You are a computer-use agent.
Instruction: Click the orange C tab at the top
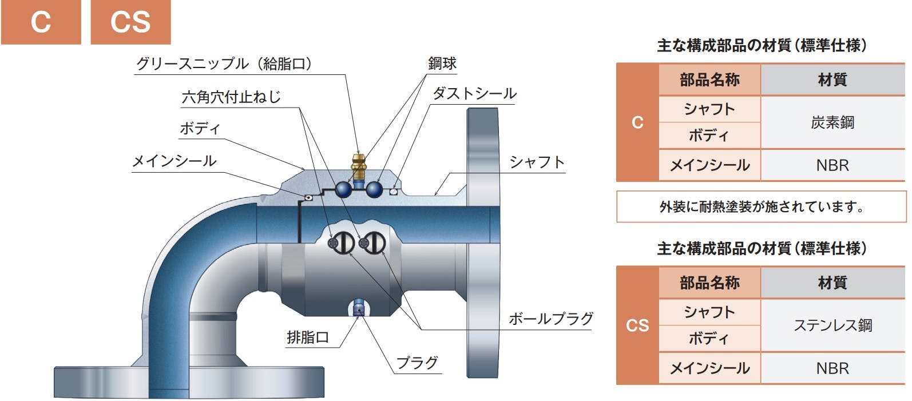[x=41, y=22]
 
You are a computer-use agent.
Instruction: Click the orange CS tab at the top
[x=130, y=22]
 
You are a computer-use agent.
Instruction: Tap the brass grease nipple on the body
[x=358, y=167]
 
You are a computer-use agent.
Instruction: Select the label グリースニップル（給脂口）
[x=224, y=64]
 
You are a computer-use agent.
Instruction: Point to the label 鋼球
[x=442, y=63]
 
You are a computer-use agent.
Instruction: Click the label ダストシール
[x=474, y=94]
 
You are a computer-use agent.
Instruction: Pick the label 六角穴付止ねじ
[x=231, y=97]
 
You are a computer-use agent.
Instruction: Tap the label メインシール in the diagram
[x=175, y=161]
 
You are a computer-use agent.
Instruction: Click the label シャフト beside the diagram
[x=537, y=162]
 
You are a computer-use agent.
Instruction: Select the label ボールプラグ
[x=551, y=319]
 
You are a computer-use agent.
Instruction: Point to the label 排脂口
[x=308, y=338]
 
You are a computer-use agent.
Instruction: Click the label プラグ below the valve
[x=417, y=363]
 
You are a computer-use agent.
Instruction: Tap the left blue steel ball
[x=344, y=190]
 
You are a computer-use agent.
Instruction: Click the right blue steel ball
[x=374, y=190]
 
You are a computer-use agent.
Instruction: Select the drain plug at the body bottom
[x=359, y=308]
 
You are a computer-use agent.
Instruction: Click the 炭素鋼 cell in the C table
[x=832, y=122]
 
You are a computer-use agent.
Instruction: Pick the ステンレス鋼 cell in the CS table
[x=832, y=325]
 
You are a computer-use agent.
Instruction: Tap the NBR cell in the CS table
[x=832, y=368]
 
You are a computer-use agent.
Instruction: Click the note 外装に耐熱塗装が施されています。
[x=762, y=207]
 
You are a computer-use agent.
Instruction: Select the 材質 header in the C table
[x=832, y=80]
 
